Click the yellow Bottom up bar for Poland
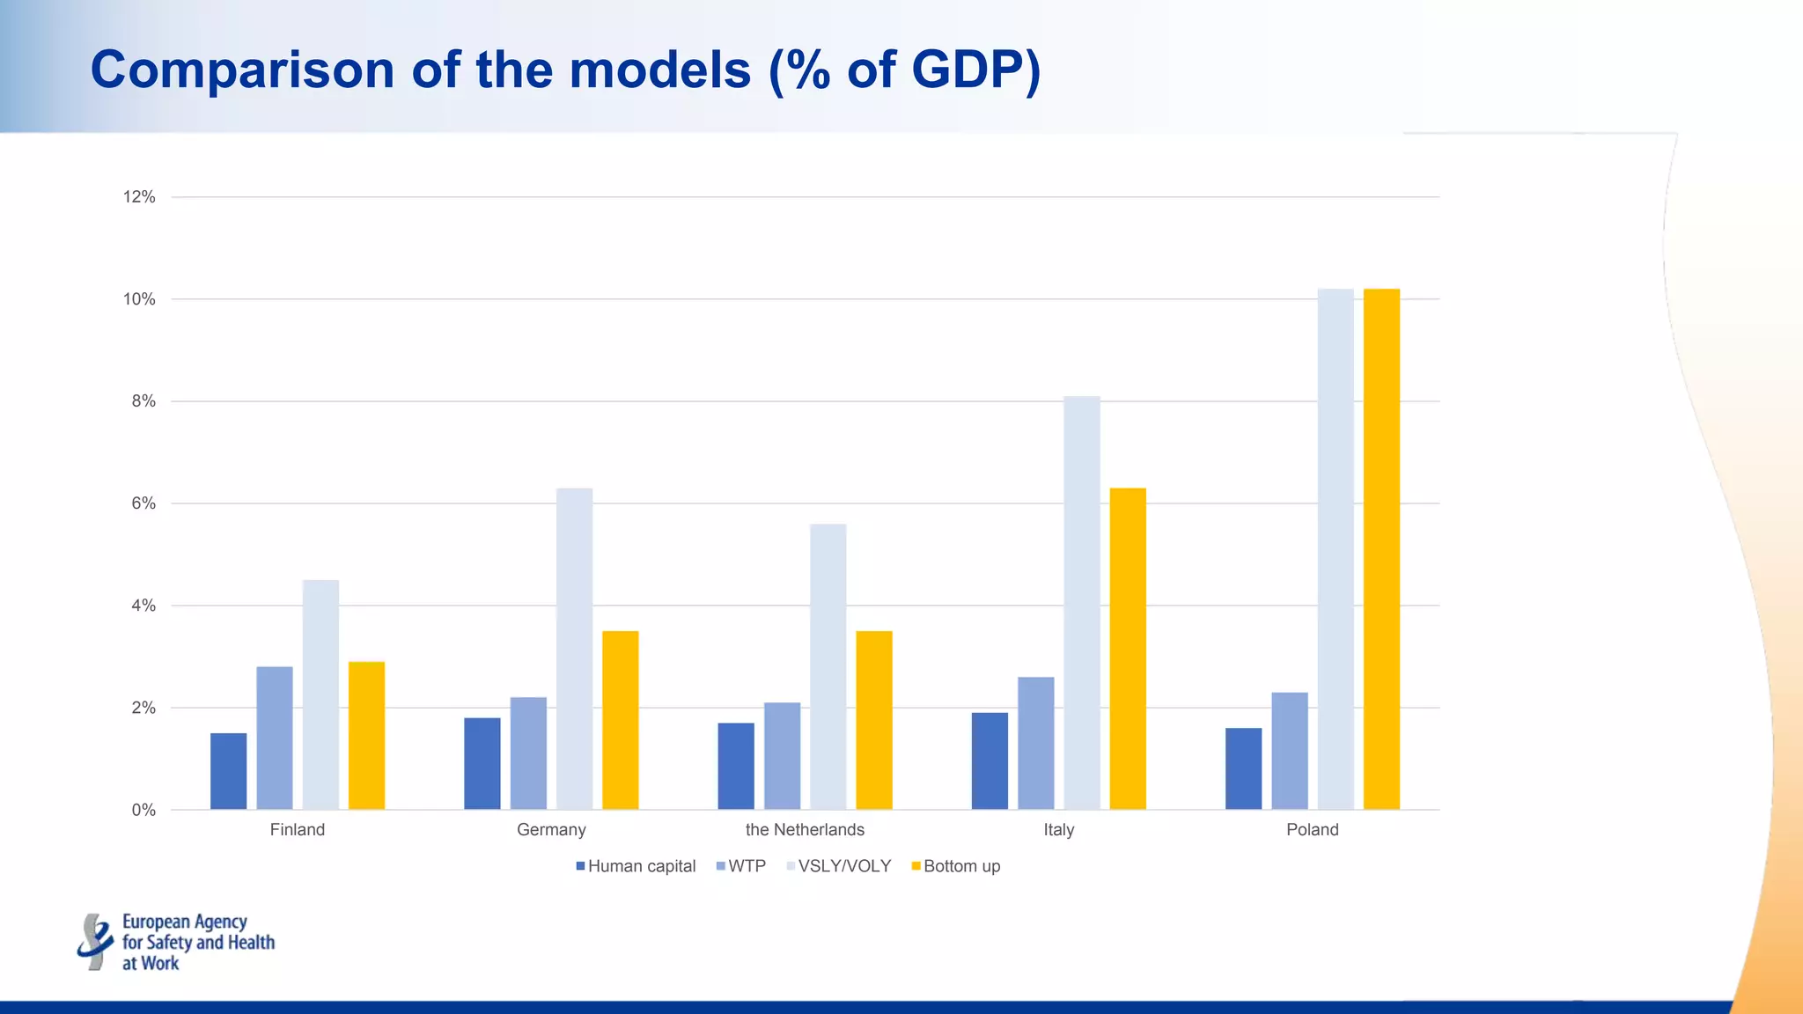pyautogui.click(x=1381, y=549)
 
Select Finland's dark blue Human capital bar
pyautogui.click(x=228, y=771)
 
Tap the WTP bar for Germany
pyautogui.click(x=528, y=753)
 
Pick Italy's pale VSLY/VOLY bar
pyautogui.click(x=1082, y=603)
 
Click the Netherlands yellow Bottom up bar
pyautogui.click(x=874, y=720)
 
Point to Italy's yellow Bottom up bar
pyautogui.click(x=1128, y=649)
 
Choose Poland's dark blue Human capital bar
pyautogui.click(x=1243, y=768)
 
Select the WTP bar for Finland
pyautogui.click(x=275, y=738)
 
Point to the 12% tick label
pyautogui.click(x=139, y=197)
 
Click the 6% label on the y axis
pyautogui.click(x=144, y=503)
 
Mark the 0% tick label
pyautogui.click(x=144, y=810)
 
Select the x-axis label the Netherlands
pyautogui.click(x=805, y=830)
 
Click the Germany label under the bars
pyautogui.click(x=551, y=830)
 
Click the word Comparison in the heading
pyautogui.click(x=242, y=70)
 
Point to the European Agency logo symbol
pyautogui.click(x=95, y=942)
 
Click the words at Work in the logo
pyautogui.click(x=151, y=964)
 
